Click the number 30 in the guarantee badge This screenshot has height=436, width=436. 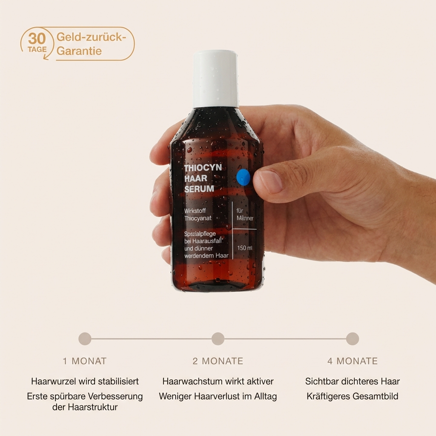pyautogui.click(x=37, y=38)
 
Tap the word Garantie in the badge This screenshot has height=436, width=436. pyautogui.click(x=79, y=51)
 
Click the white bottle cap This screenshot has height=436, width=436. pyautogui.click(x=216, y=79)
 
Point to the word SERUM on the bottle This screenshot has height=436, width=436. pyautogui.click(x=199, y=189)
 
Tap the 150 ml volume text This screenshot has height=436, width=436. pyautogui.click(x=245, y=248)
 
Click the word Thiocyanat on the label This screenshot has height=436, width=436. pyautogui.click(x=198, y=218)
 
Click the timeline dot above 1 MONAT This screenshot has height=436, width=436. pyautogui.click(x=85, y=338)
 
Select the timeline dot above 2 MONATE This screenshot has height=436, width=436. pyautogui.click(x=218, y=338)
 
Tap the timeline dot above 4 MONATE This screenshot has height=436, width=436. pyautogui.click(x=352, y=338)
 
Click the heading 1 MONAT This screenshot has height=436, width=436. pyautogui.click(x=85, y=361)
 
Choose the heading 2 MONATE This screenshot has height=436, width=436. pyautogui.click(x=218, y=361)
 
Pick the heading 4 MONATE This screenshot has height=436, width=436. pyautogui.click(x=353, y=361)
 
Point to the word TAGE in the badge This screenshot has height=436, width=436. pyautogui.click(x=37, y=49)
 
